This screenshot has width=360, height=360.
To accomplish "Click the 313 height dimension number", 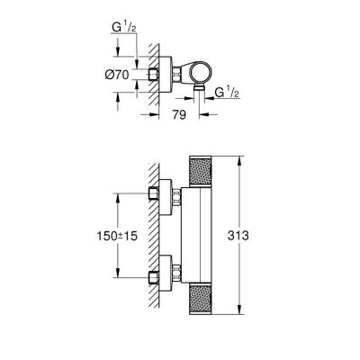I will click(257, 236).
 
